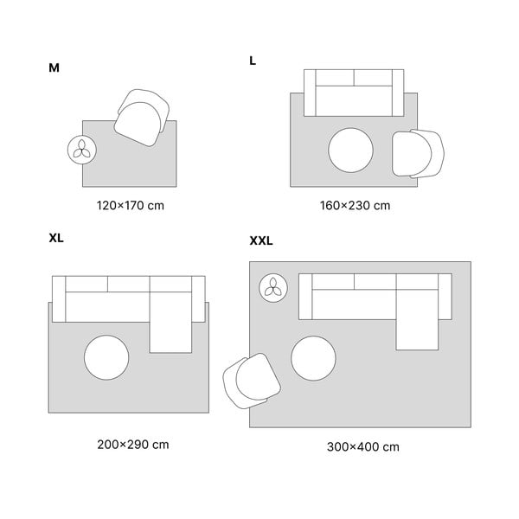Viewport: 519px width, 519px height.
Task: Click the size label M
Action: [x=54, y=67]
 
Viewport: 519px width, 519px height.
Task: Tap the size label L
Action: [x=253, y=61]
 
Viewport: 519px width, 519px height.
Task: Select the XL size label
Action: [x=56, y=239]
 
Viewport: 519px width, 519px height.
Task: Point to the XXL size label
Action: [x=261, y=241]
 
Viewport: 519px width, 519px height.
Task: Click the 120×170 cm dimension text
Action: [x=130, y=206]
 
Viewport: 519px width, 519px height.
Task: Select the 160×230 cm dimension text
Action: [x=355, y=206]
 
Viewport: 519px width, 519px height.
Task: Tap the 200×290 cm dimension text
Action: [x=132, y=445]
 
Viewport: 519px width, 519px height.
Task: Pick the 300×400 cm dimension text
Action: [x=362, y=447]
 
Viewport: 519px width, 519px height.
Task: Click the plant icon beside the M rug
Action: [x=82, y=150]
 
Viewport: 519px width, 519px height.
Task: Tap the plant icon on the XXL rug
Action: [x=273, y=288]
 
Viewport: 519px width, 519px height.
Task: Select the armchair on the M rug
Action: [x=142, y=118]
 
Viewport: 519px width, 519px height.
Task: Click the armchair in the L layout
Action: [x=418, y=154]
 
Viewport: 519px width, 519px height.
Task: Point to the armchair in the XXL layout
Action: [x=252, y=381]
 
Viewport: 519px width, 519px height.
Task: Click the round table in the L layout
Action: [x=351, y=151]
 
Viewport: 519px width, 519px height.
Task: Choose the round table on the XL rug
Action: [x=106, y=357]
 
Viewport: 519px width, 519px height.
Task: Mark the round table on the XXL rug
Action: [x=313, y=358]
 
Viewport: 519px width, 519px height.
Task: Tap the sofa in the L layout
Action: [x=354, y=93]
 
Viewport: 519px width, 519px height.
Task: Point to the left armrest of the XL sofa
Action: [x=59, y=299]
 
